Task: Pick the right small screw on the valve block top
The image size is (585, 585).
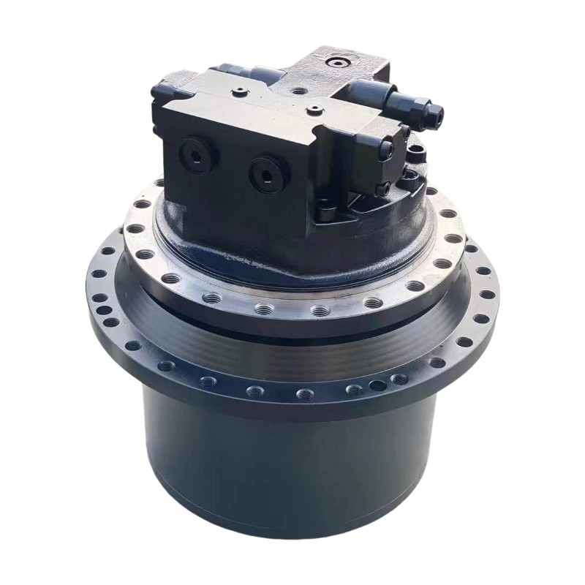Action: (x=314, y=111)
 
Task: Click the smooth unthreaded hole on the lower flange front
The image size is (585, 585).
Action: (x=377, y=385)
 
